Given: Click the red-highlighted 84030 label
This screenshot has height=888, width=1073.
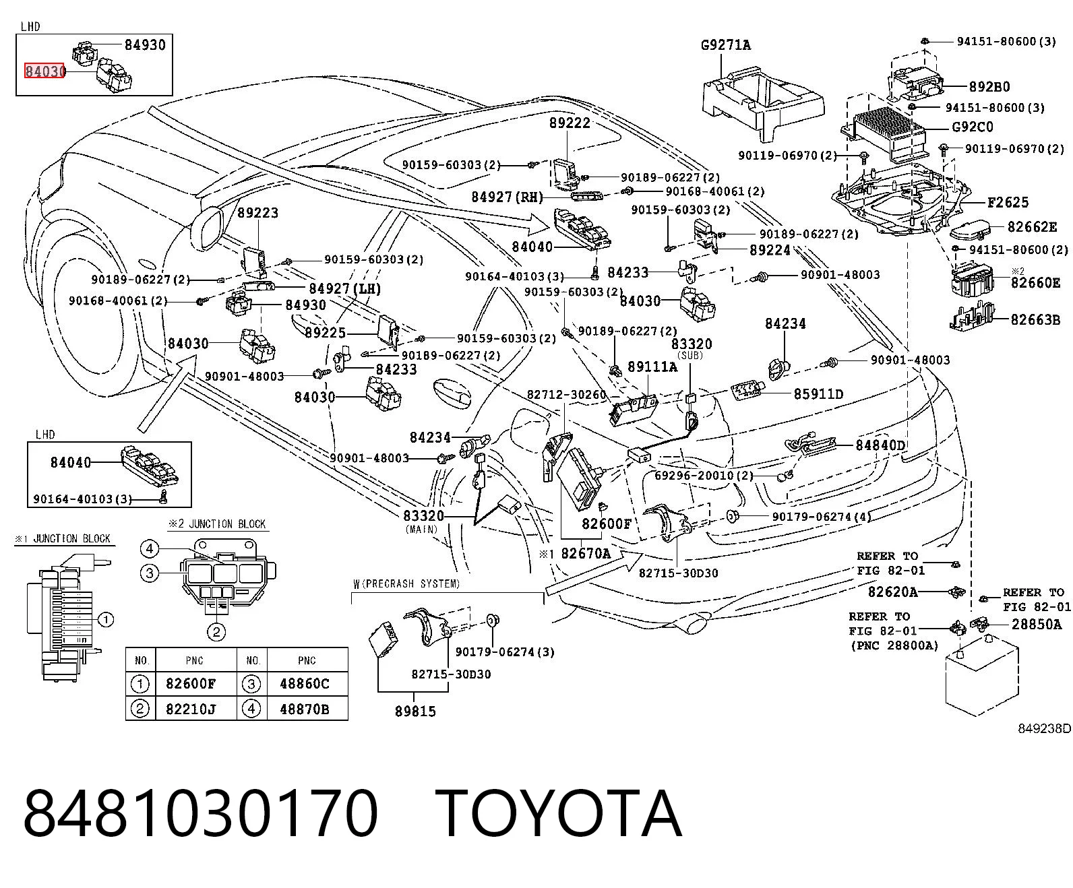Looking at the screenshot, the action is point(44,71).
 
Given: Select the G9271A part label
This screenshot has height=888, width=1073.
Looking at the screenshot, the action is point(726,45).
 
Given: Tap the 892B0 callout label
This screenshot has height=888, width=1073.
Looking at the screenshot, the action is point(989,86).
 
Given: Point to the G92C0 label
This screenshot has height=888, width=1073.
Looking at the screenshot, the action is point(973,127).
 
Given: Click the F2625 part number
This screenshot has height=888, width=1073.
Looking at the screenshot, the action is point(1008,202).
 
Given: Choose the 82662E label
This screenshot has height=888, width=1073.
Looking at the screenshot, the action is point(1032,226).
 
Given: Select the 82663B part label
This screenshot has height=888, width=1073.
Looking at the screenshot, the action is point(1035,319).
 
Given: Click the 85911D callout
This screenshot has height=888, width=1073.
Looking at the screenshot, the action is point(819,394).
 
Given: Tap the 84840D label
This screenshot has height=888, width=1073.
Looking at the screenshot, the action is point(880,445).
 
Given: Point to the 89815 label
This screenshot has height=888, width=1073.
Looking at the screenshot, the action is point(415,711).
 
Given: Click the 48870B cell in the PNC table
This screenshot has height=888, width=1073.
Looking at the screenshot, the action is point(304,709).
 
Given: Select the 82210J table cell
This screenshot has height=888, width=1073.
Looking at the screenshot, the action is point(191,709).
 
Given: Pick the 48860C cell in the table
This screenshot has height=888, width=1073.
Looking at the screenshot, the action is point(304,683).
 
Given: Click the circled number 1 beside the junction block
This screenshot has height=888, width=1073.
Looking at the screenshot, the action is point(105,620).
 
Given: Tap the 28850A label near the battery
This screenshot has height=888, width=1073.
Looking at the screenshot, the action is point(1036,625).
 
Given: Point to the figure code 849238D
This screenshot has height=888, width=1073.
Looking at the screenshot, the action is point(1044,729).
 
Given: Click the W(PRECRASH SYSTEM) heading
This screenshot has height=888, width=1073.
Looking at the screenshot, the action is point(406,583).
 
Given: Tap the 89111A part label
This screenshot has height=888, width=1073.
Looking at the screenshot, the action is point(652,367).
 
